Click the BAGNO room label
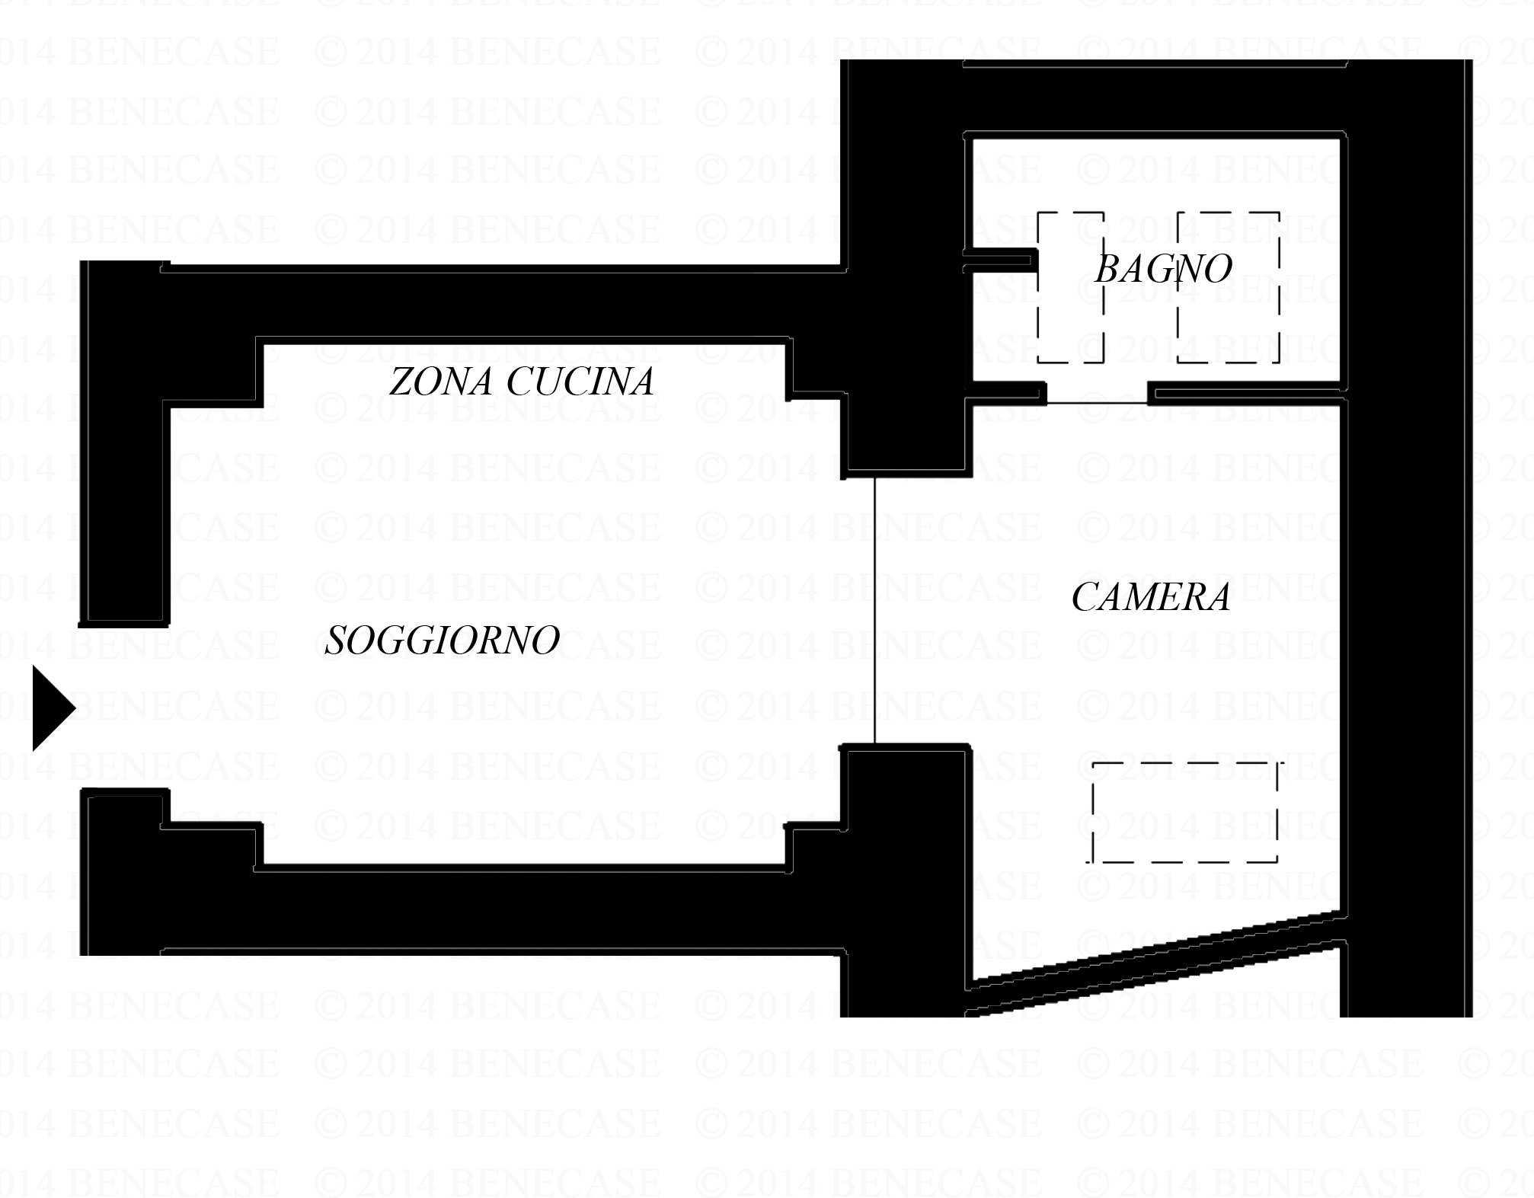[x=1163, y=269]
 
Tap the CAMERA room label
[x=1151, y=597]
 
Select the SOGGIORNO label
[x=443, y=641]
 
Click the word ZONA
[x=441, y=382]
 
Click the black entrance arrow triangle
[x=54, y=708]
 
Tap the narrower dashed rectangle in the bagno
[x=1071, y=287]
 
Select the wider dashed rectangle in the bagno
[x=1228, y=287]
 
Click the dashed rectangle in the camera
[x=1185, y=812]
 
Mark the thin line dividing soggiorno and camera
[x=874, y=611]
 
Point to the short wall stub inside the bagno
[x=999, y=260]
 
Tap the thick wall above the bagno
[x=1155, y=97]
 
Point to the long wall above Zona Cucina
[x=503, y=302]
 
